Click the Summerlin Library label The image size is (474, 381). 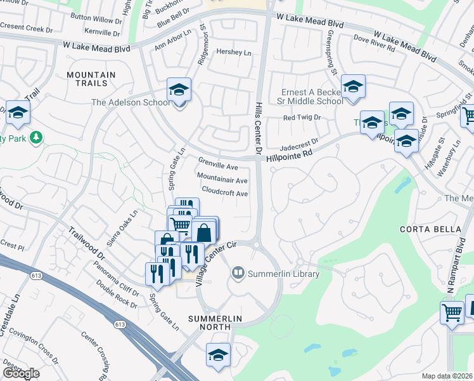coord(278,274)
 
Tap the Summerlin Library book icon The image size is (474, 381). coord(238,274)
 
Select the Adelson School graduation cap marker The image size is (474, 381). coord(179,91)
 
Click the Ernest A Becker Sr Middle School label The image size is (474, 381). coord(312,97)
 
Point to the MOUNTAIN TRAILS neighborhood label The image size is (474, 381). coord(91,79)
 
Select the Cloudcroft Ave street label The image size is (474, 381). coord(225,193)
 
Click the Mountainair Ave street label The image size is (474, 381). coord(222,180)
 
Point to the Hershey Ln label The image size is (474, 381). coord(234,53)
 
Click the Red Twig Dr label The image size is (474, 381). coord(302,117)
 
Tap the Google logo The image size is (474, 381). coord(21,373)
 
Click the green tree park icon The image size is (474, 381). coord(36,137)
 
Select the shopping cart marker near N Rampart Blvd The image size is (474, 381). coord(452,312)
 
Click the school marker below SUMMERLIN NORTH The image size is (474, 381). coord(217,354)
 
